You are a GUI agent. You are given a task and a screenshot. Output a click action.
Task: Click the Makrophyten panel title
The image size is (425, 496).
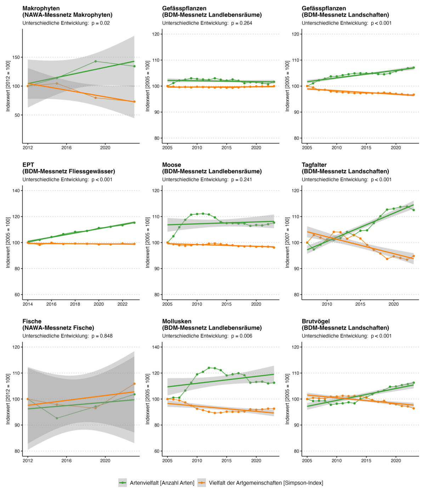tap(41, 8)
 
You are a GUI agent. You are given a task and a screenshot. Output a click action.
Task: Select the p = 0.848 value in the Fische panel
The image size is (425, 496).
tap(102, 336)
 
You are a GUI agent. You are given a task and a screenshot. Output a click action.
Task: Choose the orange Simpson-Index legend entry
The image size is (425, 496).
tap(260, 483)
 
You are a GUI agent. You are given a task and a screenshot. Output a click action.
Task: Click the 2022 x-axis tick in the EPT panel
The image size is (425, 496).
tap(123, 304)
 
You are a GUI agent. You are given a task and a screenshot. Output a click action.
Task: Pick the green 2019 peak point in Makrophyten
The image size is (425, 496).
tap(96, 61)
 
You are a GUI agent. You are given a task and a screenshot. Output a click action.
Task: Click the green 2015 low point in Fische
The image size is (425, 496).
tap(57, 418)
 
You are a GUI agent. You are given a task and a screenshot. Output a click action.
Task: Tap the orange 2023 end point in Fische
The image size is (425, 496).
tap(134, 384)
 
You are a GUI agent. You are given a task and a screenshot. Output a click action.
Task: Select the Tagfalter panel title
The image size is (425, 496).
tap(314, 165)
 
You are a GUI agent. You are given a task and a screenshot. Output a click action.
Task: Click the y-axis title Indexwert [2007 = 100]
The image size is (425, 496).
tap(288, 243)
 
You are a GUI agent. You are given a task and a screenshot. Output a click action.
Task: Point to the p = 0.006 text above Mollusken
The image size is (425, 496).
tap(242, 336)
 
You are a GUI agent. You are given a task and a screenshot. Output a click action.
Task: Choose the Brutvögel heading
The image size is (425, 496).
tap(316, 321)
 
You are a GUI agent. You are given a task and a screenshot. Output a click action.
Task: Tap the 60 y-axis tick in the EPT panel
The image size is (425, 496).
tap(16, 295)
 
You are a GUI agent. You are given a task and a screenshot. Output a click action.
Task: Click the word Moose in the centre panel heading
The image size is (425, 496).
tap(171, 165)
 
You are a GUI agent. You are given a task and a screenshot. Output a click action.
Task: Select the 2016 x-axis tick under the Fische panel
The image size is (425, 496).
tap(67, 461)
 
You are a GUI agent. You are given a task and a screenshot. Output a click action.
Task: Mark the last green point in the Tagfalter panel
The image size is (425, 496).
tap(413, 210)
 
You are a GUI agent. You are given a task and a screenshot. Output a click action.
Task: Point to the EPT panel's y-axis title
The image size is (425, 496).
tap(8, 243)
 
